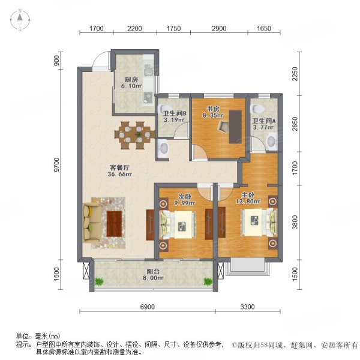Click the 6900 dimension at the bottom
pyautogui.click(x=148, y=307)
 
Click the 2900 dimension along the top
pyautogui.click(x=219, y=28)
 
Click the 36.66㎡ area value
pyautogui.click(x=103, y=175)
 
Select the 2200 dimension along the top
pyautogui.click(x=134, y=28)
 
